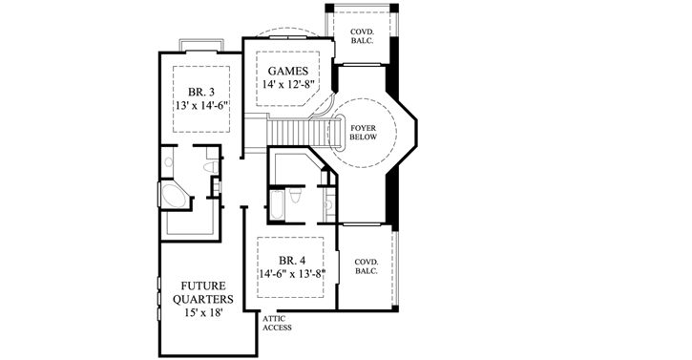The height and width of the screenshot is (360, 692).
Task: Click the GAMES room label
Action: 286,71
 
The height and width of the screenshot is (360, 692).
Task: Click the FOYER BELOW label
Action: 364,132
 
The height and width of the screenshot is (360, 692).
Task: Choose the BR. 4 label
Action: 292,259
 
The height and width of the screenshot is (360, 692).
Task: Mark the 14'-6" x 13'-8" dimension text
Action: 292,273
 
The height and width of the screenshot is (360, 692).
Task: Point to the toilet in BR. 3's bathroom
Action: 212,166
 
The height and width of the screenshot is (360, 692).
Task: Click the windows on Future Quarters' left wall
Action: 157,295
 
